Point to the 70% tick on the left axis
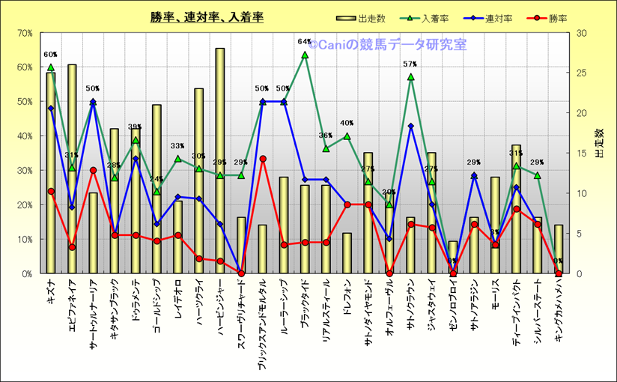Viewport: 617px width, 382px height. [x=23, y=33]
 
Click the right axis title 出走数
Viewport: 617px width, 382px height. [x=599, y=142]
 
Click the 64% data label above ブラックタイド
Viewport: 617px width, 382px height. [x=304, y=42]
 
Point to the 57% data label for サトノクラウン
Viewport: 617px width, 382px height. [x=410, y=64]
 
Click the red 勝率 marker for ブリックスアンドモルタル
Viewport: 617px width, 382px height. [x=262, y=159]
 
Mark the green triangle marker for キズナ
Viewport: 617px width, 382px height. [x=50, y=67]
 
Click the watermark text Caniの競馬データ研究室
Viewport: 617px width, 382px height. [x=386, y=45]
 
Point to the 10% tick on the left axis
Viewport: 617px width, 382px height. [x=23, y=239]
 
